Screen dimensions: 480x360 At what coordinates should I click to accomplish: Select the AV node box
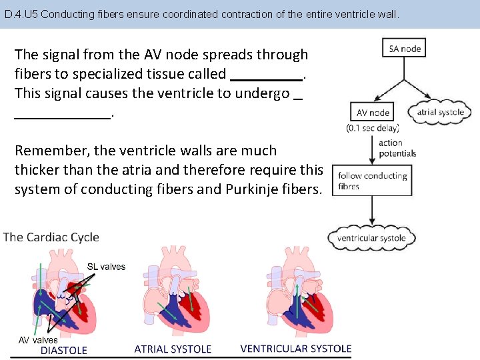373,113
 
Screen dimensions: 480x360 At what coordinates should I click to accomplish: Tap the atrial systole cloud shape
440,112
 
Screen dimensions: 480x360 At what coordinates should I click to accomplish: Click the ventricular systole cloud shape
371,238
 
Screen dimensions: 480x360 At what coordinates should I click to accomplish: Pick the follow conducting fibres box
372,181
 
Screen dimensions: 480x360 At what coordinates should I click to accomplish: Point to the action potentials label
397,148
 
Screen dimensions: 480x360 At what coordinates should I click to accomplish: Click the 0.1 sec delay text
373,127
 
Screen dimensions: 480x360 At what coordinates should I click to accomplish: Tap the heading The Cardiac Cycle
51,237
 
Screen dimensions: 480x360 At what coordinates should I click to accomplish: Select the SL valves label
106,267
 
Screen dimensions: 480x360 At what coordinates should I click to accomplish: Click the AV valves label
38,340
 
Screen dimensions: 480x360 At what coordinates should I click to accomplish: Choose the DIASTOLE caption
64,350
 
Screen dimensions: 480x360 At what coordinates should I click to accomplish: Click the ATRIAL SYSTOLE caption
173,349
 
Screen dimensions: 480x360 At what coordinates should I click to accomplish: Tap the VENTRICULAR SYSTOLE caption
295,349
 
